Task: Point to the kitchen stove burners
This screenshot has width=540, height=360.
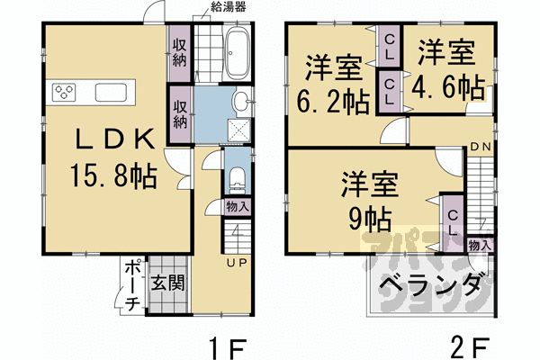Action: click(x=66, y=92)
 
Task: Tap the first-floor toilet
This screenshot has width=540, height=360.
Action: click(x=238, y=176)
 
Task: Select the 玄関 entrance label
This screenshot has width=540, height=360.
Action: click(x=167, y=286)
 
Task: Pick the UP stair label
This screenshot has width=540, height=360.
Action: click(x=238, y=263)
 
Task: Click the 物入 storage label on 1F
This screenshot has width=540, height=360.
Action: click(x=238, y=206)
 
